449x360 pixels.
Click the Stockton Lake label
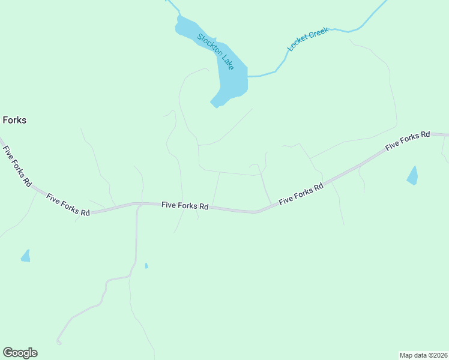[x=215, y=52]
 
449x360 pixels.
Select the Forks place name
[x=14, y=120]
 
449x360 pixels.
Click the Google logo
[x=20, y=353]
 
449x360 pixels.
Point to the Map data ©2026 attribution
[x=424, y=355]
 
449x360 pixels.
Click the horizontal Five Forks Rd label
[x=185, y=205]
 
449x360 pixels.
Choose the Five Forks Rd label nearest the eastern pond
[x=408, y=140]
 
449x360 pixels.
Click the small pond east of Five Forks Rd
[x=412, y=176]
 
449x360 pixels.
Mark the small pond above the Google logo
[x=26, y=256]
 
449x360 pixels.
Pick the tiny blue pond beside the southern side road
[x=146, y=265]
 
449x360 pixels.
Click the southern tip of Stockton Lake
[x=214, y=104]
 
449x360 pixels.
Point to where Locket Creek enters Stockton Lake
[x=248, y=77]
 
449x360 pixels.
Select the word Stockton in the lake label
[x=208, y=44]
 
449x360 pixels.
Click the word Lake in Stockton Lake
[x=226, y=62]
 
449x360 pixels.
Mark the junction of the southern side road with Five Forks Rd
[x=139, y=206]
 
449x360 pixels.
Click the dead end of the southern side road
[x=59, y=343]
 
